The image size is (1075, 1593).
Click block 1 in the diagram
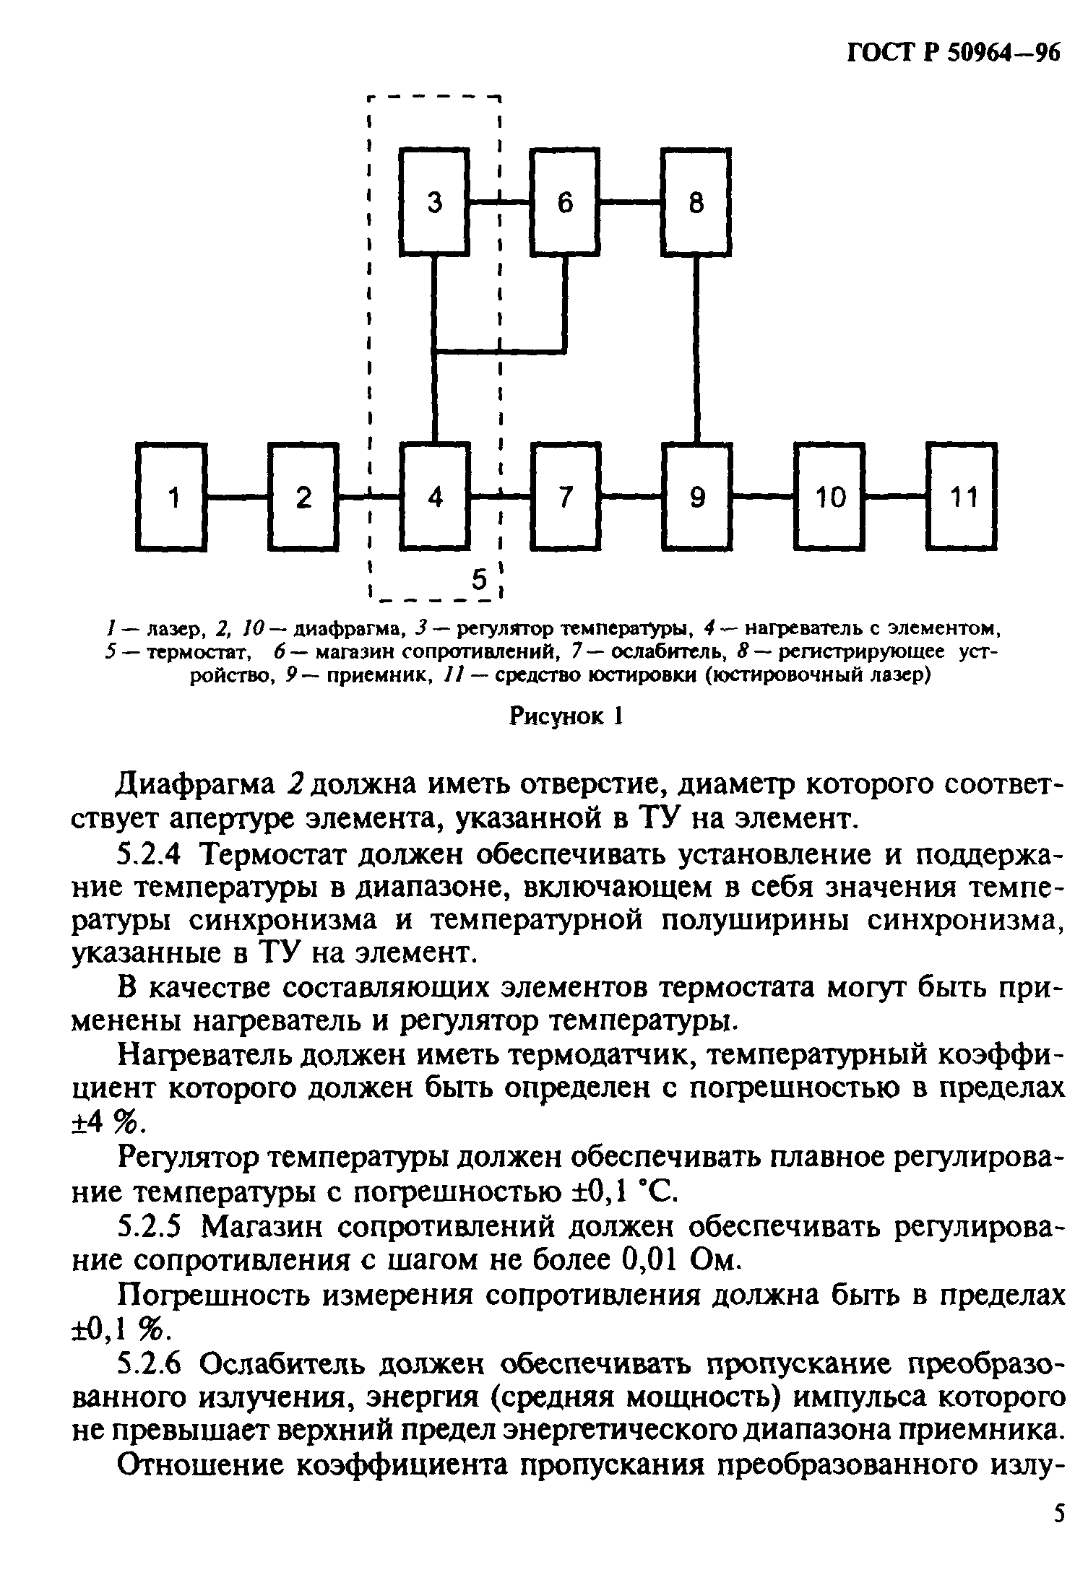(x=172, y=497)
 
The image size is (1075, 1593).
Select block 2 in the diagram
(x=303, y=497)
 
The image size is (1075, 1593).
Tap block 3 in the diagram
(x=435, y=202)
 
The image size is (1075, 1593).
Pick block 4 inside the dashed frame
(x=435, y=497)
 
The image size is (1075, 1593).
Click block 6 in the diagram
(x=565, y=202)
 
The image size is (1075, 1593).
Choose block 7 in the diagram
(x=565, y=497)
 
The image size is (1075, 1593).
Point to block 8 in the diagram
(x=696, y=202)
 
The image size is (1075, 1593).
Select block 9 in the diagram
(x=696, y=497)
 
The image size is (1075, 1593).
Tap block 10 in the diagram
(x=829, y=497)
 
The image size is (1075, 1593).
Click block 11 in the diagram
(x=963, y=497)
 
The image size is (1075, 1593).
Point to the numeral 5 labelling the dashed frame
(x=479, y=579)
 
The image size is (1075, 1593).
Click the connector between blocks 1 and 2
(x=238, y=496)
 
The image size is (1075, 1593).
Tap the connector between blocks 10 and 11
(x=897, y=496)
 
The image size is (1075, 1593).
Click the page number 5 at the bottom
(x=1058, y=1553)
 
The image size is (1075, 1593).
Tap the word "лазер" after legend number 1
(x=170, y=629)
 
